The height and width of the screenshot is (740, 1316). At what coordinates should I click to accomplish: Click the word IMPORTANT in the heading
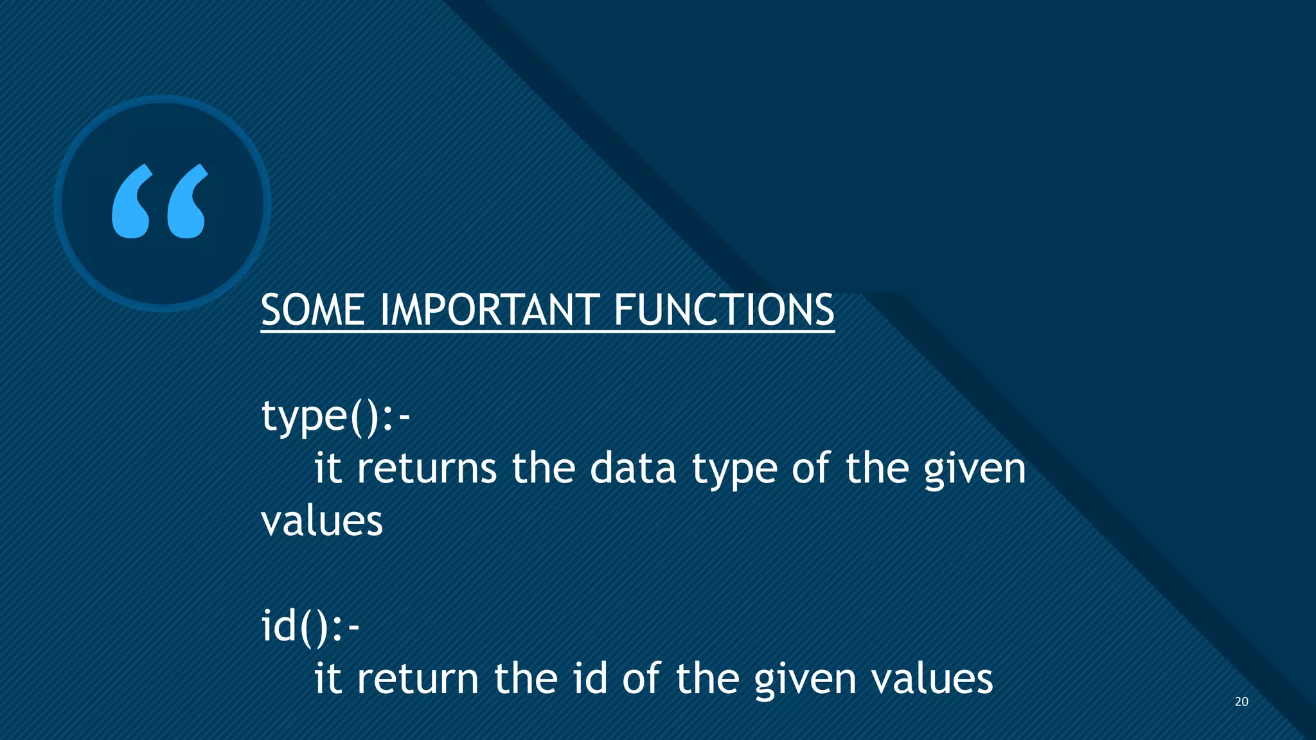[x=489, y=311]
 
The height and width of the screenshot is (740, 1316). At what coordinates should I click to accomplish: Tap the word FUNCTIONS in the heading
[x=724, y=311]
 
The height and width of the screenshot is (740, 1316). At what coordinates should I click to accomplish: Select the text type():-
[x=335, y=417]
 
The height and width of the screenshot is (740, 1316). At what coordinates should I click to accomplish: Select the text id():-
[x=310, y=626]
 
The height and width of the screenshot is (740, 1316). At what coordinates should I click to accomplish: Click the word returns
[x=427, y=468]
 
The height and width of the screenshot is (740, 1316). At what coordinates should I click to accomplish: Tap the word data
[x=633, y=468]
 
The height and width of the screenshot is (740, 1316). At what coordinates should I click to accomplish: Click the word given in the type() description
[x=975, y=468]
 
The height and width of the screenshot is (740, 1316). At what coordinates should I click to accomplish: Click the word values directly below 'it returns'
[x=322, y=521]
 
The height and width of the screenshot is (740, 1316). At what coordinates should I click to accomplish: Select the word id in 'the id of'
[x=590, y=679]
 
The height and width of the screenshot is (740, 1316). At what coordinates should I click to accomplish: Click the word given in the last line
[x=805, y=679]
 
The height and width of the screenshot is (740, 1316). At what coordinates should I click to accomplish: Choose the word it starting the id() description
[x=327, y=679]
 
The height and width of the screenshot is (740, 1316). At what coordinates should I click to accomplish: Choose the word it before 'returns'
[x=327, y=468]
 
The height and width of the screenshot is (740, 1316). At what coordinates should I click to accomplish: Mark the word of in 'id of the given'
[x=641, y=679]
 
